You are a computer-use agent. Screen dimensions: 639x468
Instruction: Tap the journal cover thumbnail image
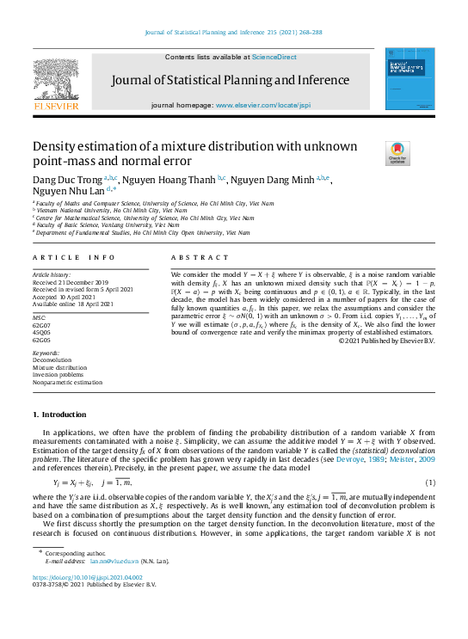408,78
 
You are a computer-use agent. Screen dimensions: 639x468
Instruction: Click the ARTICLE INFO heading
74,257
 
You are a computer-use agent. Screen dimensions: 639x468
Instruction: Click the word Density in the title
58,147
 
